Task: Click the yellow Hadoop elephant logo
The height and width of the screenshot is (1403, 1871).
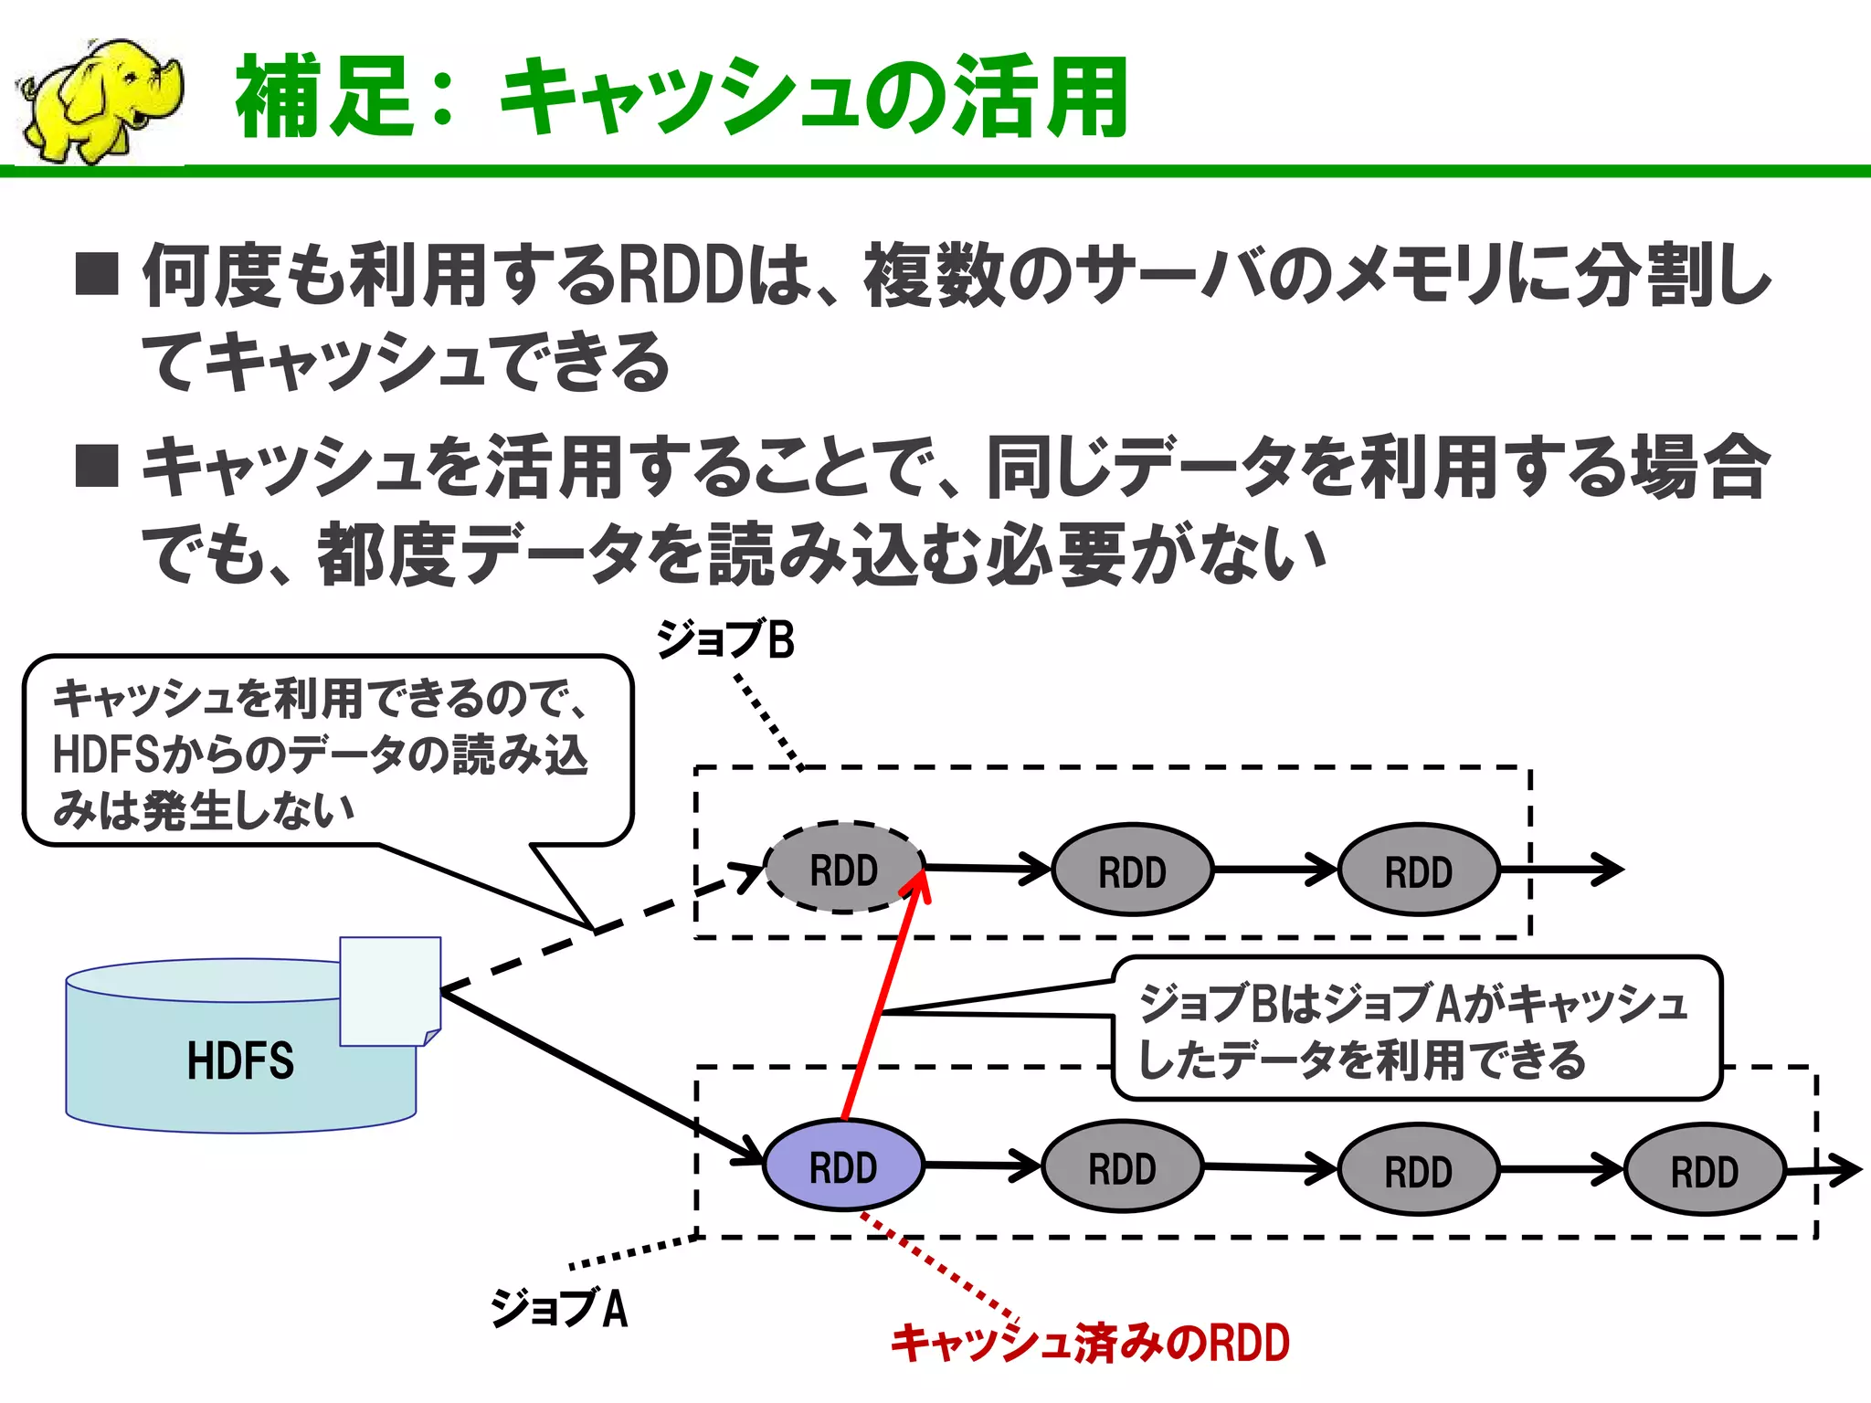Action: coord(100,100)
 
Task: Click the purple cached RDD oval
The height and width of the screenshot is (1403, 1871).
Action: coord(842,1166)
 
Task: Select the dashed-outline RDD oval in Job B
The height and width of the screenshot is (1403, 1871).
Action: coord(842,869)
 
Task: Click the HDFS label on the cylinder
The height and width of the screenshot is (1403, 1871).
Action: coord(240,1061)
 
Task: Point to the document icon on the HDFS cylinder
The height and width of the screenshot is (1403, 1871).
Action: coord(390,991)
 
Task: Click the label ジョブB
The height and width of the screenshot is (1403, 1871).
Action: coord(725,639)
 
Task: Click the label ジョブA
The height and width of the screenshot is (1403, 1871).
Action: coord(559,1308)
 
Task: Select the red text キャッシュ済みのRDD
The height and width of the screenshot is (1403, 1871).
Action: coord(1090,1343)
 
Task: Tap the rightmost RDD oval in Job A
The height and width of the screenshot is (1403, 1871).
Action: coord(1704,1171)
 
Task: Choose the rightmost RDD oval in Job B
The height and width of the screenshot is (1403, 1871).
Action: coord(1418,871)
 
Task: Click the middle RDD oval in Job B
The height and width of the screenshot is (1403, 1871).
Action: coord(1131,871)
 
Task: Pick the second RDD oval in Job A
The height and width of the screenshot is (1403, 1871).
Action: coord(1122,1168)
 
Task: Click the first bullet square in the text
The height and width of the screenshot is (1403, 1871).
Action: coord(97,275)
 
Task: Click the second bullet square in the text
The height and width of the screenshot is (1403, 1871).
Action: coord(97,466)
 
